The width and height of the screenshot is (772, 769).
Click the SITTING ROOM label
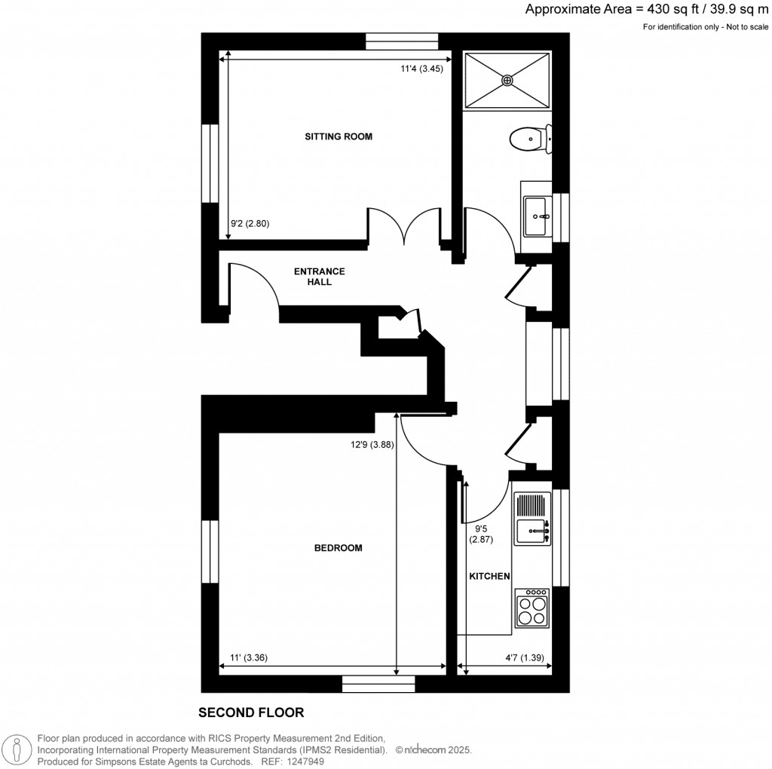pos(339,136)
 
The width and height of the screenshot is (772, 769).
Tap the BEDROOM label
pos(338,548)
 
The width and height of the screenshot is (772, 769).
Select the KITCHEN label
pos(490,576)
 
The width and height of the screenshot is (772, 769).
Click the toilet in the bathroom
pos(529,139)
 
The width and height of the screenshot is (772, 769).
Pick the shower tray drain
pos(507,78)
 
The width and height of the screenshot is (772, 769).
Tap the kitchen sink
pos(532,531)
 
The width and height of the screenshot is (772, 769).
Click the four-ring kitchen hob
pos(532,609)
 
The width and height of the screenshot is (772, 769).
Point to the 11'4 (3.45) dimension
pos(421,69)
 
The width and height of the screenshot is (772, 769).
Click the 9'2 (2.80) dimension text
pos(249,223)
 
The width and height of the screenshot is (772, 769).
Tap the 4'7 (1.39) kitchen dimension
pos(525,657)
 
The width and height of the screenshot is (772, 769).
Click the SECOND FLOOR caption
pos(250,712)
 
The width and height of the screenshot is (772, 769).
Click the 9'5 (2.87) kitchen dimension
pos(481,534)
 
